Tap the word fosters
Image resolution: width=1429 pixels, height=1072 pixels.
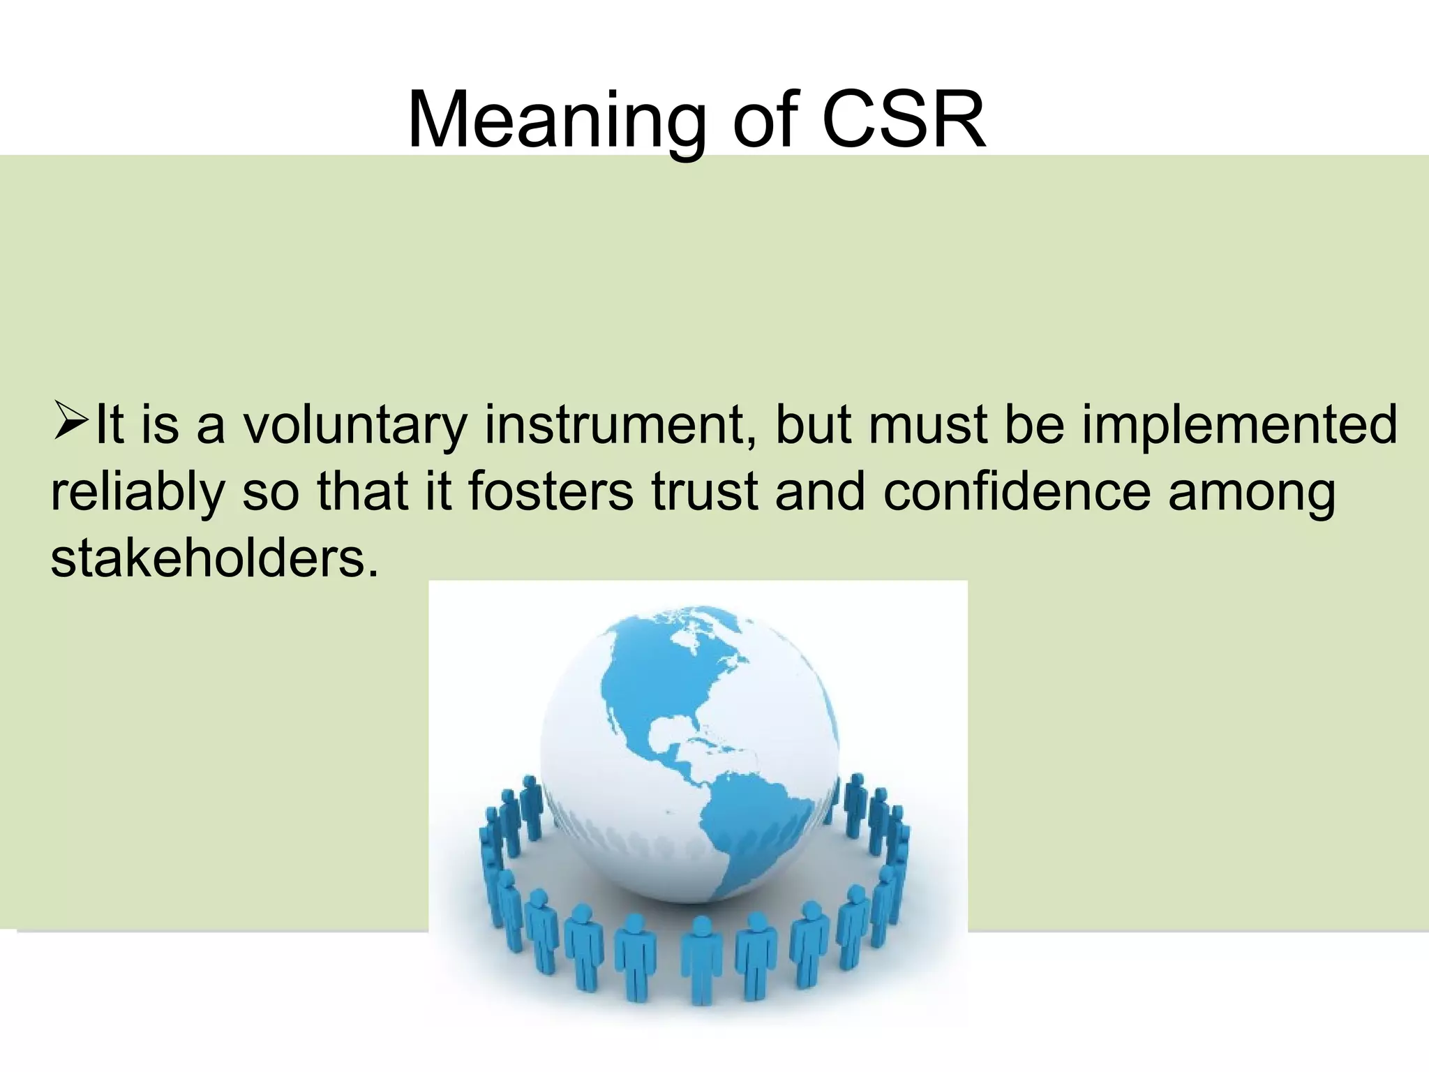pos(551,491)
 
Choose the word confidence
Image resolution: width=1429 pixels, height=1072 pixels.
pos(1016,491)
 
